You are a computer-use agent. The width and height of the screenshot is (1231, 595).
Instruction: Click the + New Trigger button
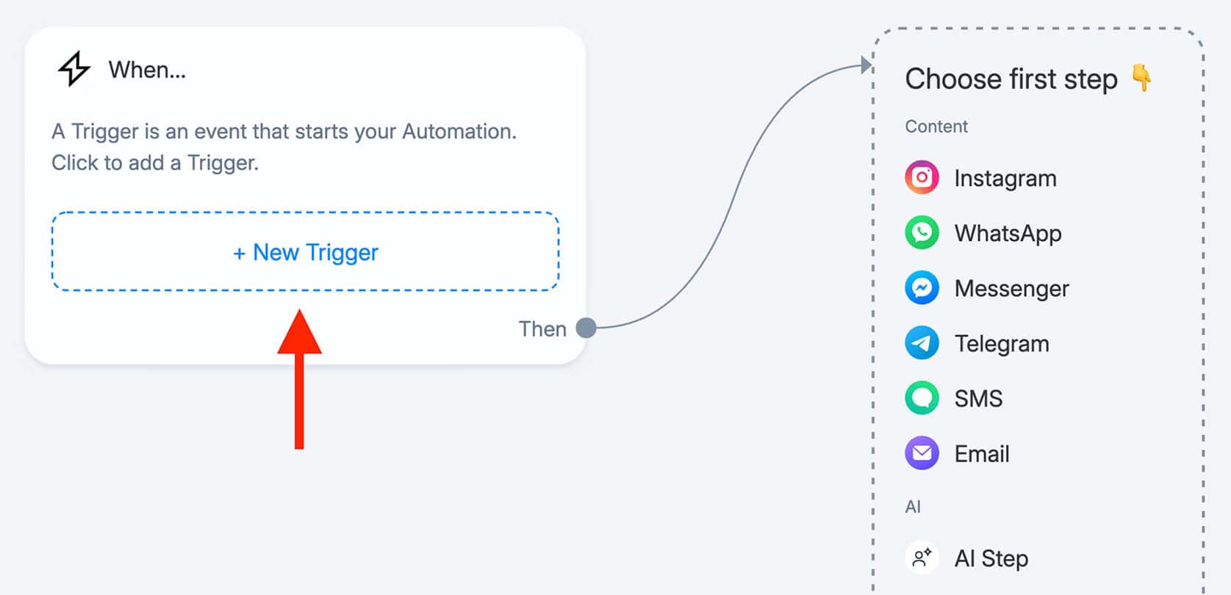coord(306,252)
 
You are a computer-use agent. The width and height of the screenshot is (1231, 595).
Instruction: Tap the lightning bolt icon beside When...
coord(74,69)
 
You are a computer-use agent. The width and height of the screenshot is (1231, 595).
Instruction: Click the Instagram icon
coord(922,178)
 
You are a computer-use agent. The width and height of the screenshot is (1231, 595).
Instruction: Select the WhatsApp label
coord(1008,234)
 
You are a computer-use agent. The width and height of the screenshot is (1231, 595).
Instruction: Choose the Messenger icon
coord(922,288)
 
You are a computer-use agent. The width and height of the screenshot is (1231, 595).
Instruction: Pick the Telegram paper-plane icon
coord(922,343)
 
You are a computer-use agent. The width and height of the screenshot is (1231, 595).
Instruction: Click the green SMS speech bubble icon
coord(922,398)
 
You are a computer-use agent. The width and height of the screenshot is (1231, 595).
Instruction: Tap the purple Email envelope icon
coord(922,453)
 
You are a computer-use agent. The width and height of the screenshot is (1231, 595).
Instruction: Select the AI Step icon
coord(922,558)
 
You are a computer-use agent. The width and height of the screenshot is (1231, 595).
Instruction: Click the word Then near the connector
coord(542,329)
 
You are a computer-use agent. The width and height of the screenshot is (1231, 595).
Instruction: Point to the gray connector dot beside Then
coord(586,328)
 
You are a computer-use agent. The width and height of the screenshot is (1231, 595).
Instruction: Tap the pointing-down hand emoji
coord(1142,78)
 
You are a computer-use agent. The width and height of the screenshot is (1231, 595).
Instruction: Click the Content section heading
coord(936,126)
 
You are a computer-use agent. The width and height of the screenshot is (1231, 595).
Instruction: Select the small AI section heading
coord(913,507)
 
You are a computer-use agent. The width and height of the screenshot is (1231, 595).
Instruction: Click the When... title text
coord(147,70)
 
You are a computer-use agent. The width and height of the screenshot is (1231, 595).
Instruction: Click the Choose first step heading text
coord(1011,79)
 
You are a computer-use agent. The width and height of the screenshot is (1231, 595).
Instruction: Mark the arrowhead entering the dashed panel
coord(866,65)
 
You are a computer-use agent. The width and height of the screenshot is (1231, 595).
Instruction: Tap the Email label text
coord(982,454)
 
